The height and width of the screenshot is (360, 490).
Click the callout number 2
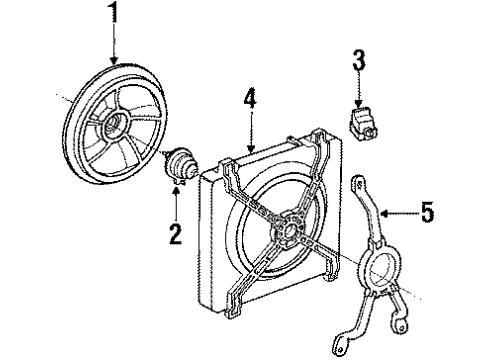pyautogui.click(x=175, y=235)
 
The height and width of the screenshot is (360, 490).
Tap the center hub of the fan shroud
pyautogui.click(x=290, y=228)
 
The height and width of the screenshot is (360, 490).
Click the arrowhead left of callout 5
pyautogui.click(x=383, y=211)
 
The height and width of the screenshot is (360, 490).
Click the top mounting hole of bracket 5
pyautogui.click(x=359, y=183)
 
